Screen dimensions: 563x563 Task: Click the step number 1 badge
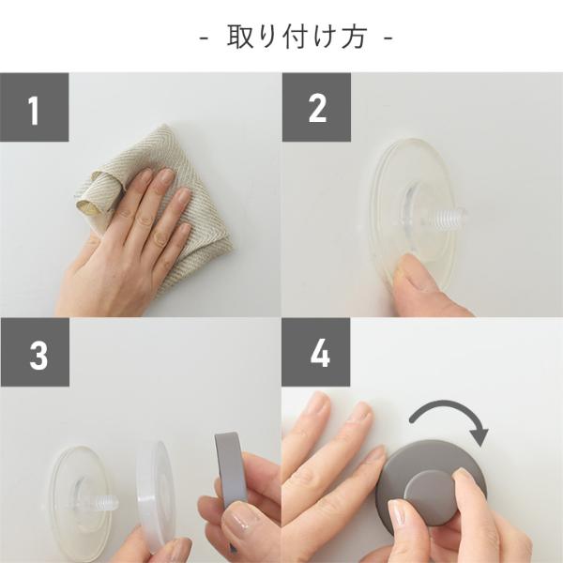[x=35, y=107]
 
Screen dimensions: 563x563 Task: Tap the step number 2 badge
[x=316, y=107]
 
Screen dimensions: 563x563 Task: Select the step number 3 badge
[x=35, y=352]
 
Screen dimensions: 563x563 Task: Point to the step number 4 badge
[x=316, y=352]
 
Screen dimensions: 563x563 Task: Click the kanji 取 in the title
[x=240, y=37]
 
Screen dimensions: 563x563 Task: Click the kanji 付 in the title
[x=297, y=37]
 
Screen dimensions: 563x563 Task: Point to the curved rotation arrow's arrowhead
[x=479, y=436]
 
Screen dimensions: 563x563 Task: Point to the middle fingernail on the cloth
[x=167, y=176]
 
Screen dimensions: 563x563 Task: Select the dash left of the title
[x=204, y=38]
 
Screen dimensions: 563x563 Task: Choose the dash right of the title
[x=388, y=38]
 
